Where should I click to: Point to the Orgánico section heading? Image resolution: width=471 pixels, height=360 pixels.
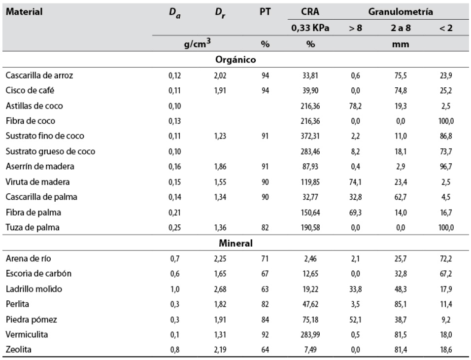pyautogui.click(x=235, y=60)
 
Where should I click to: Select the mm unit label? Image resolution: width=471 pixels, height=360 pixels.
pyautogui.click(x=398, y=44)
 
